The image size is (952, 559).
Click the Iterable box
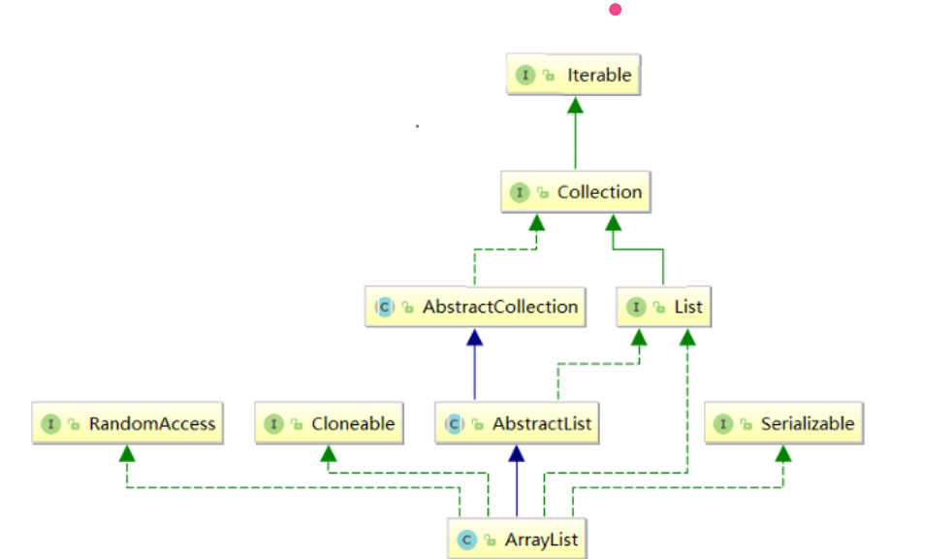[x=574, y=75]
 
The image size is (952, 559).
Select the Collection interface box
[x=574, y=192]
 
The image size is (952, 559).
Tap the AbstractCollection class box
[x=476, y=307]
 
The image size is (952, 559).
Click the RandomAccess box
[x=128, y=424]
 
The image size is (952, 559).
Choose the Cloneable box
[x=330, y=424]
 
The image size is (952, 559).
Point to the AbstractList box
[x=517, y=424]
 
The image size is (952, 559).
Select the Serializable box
[x=783, y=424]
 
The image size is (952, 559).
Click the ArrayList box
[x=517, y=539]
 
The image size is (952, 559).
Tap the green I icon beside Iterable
[x=525, y=75]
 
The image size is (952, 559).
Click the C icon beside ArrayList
[x=466, y=539]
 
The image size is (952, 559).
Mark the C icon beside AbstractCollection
[x=384, y=308]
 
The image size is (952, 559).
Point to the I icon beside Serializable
[x=722, y=424]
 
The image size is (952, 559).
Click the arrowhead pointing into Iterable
[x=575, y=103]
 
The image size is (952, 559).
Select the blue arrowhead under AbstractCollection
[x=475, y=336]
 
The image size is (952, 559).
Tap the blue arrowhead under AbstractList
[x=517, y=452]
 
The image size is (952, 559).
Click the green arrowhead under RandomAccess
[x=127, y=452]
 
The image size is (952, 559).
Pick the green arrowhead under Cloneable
[x=330, y=452]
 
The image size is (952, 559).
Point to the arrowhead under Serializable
[x=783, y=452]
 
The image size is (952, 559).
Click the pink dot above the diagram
[x=615, y=10]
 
